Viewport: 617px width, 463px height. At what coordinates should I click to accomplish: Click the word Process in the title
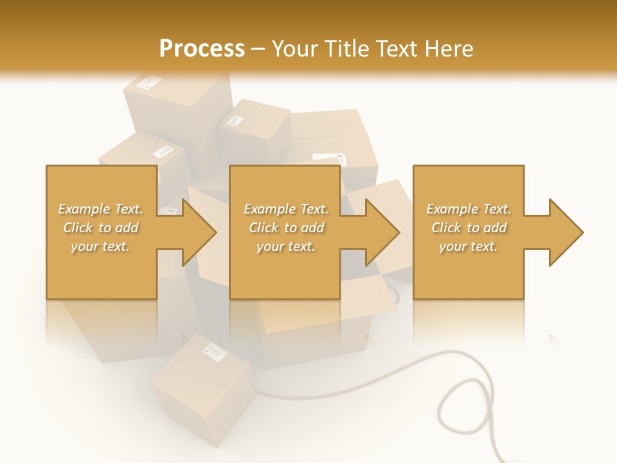[x=202, y=49]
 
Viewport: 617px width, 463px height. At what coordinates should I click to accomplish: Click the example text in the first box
[x=100, y=228]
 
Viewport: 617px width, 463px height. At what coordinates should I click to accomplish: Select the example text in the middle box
[x=285, y=228]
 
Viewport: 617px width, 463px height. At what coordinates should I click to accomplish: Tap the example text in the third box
[x=469, y=228]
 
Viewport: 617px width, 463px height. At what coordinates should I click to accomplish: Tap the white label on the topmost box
[x=150, y=82]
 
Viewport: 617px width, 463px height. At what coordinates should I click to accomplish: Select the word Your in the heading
[x=296, y=49]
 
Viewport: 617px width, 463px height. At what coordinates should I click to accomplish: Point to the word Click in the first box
[x=78, y=228]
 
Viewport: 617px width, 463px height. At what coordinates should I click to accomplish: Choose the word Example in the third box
[x=452, y=209]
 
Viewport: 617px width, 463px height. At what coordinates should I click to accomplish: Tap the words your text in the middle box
[x=285, y=246]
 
